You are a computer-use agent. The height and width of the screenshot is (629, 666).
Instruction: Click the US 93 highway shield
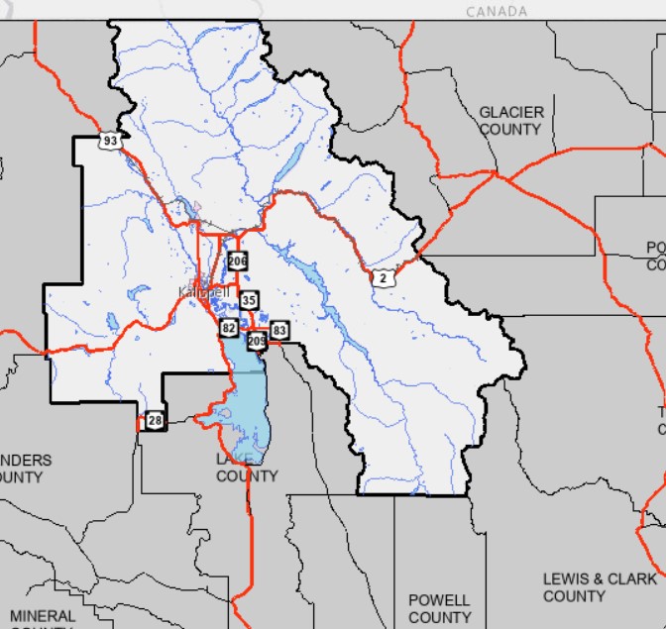tap(110, 141)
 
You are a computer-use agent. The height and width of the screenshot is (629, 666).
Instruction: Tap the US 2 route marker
tap(383, 278)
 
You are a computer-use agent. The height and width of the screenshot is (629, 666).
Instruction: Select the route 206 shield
tap(237, 262)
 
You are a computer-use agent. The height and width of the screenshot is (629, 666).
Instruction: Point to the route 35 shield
tap(249, 300)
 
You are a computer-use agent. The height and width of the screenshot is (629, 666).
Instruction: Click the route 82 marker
tap(229, 328)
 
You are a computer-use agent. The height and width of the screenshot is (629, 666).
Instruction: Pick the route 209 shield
tap(257, 341)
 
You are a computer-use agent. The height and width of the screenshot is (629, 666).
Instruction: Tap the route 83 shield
tap(279, 330)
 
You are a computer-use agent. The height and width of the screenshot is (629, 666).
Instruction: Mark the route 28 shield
tap(154, 421)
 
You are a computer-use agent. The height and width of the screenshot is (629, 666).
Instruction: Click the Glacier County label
tap(510, 121)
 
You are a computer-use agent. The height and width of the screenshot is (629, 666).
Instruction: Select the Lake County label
tap(247, 468)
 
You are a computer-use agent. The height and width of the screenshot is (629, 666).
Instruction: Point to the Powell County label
tap(439, 608)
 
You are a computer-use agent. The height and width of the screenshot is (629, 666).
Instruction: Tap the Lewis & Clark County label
tap(599, 586)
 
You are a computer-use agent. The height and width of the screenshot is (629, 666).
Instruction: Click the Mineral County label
tap(43, 618)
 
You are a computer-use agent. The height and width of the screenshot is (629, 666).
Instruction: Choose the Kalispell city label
tap(203, 292)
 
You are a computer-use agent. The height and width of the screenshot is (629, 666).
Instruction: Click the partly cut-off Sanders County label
tap(25, 469)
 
